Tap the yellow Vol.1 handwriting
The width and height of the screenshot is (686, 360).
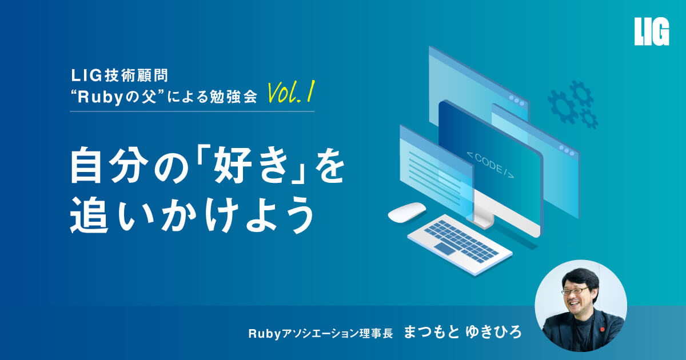click(291, 92)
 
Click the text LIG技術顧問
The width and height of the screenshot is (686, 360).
click(119, 75)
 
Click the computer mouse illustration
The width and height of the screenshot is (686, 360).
click(406, 212)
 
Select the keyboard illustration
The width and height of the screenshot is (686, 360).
click(460, 244)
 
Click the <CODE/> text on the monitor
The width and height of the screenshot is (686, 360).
click(490, 165)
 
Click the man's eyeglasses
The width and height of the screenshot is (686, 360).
click(575, 290)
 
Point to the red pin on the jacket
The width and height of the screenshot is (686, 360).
click(602, 329)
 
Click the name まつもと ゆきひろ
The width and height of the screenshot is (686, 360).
click(462, 333)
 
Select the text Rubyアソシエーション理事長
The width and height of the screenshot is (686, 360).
click(321, 333)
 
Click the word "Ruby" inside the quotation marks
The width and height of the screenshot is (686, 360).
click(100, 98)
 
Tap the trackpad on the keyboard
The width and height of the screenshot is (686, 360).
click(445, 249)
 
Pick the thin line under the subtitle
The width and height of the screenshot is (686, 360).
click(192, 111)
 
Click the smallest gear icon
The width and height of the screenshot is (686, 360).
click(589, 118)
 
